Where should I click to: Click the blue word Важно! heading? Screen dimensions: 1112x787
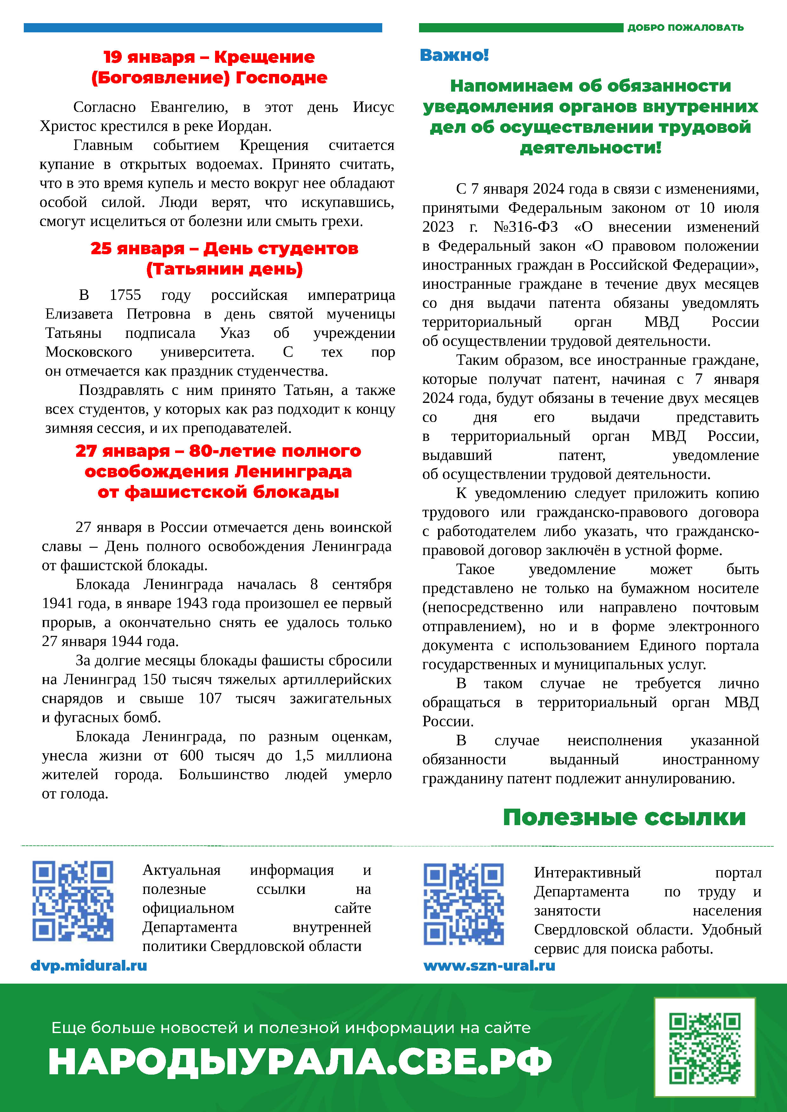pos(454,55)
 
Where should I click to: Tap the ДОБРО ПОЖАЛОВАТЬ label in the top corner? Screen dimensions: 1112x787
pos(685,28)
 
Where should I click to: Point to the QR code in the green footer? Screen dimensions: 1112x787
pos(705,1048)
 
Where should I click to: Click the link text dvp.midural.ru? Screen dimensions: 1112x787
pos(89,965)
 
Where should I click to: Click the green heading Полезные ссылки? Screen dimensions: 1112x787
pos(624,817)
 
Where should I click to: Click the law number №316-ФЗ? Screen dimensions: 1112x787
pos(525,227)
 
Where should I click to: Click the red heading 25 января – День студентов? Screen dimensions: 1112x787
pos(224,249)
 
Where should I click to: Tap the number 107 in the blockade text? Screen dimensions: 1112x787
pos(210,698)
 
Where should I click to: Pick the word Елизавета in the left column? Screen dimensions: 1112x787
pos(79,314)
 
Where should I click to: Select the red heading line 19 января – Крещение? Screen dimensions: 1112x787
pos(209,57)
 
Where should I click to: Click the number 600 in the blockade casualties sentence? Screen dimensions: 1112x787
pos(191,755)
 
